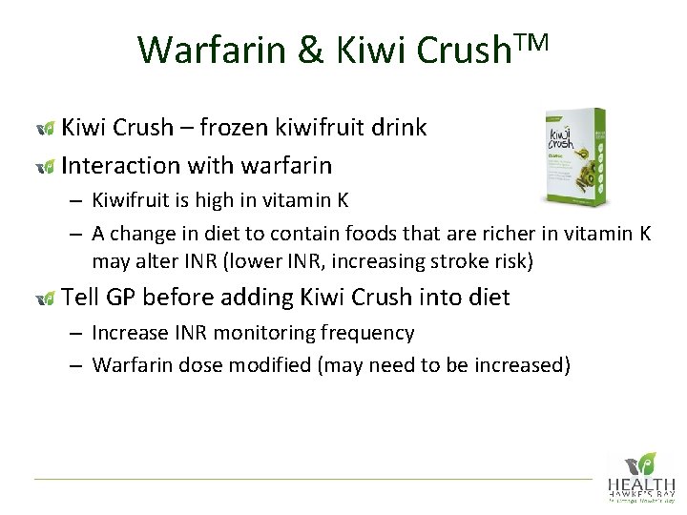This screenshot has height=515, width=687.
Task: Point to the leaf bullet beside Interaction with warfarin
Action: (43, 167)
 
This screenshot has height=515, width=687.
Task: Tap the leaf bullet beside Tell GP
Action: (43, 299)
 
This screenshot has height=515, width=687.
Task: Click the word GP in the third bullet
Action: (122, 298)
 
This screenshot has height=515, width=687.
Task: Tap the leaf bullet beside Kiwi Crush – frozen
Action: (43, 129)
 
